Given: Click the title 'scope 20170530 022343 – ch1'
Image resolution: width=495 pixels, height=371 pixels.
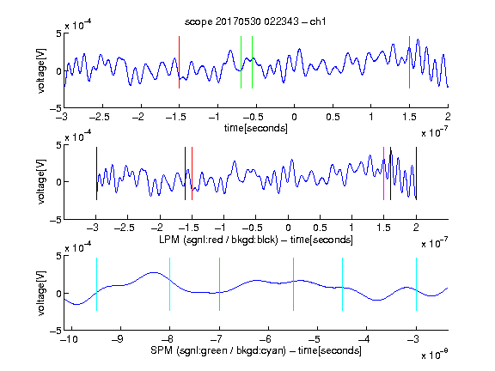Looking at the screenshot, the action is click(x=255, y=21).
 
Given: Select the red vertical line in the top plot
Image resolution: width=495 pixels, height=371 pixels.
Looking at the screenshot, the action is click(x=179, y=62).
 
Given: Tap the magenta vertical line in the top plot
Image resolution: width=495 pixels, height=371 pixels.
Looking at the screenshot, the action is click(x=409, y=62).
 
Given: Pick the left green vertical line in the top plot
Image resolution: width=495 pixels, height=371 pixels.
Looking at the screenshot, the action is click(x=241, y=62).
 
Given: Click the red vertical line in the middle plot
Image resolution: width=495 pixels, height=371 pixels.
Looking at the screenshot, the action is click(x=192, y=173).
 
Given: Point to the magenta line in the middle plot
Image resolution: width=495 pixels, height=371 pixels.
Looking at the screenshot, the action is click(x=383, y=173).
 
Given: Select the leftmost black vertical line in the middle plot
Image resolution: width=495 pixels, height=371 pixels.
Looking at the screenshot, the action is click(x=96, y=173).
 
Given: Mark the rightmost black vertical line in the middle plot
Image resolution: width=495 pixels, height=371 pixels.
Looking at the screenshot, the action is click(x=416, y=173).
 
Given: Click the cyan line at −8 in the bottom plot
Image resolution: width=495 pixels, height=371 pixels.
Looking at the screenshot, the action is click(x=169, y=284).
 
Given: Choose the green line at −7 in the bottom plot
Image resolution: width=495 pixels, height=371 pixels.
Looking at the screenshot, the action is click(x=219, y=284).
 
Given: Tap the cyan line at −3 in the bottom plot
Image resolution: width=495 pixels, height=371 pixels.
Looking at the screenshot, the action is click(x=416, y=284).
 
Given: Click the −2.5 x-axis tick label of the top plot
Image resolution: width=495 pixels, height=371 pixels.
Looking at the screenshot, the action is click(x=100, y=117).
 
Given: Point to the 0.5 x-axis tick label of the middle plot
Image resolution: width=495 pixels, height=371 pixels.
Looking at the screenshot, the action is click(x=320, y=228).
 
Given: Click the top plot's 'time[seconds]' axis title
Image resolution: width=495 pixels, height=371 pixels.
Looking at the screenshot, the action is click(x=256, y=128).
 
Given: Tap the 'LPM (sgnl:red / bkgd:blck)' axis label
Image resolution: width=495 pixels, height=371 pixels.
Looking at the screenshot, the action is click(x=218, y=240).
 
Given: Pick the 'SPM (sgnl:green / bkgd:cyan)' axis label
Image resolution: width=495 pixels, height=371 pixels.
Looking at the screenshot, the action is click(x=218, y=350).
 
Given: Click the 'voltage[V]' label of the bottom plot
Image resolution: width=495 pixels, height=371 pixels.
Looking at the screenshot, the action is click(x=41, y=293).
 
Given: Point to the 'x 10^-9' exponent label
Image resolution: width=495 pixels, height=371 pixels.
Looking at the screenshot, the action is click(x=434, y=355).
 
